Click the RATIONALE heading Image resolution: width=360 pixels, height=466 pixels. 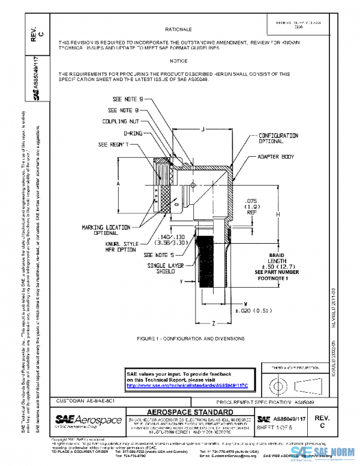coord(179,29)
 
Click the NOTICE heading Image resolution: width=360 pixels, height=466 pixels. coord(179,61)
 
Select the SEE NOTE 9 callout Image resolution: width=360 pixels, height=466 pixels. coord(128,98)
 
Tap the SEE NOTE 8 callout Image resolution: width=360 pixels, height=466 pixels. coord(124,110)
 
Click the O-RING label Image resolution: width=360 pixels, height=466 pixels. coord(133,133)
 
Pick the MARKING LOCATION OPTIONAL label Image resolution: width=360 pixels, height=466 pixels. coord(106,229)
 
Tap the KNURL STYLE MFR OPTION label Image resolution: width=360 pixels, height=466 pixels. coord(122,246)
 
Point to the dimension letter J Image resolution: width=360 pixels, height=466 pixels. coord(204,130)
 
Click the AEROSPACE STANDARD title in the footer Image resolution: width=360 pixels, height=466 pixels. coord(190,413)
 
